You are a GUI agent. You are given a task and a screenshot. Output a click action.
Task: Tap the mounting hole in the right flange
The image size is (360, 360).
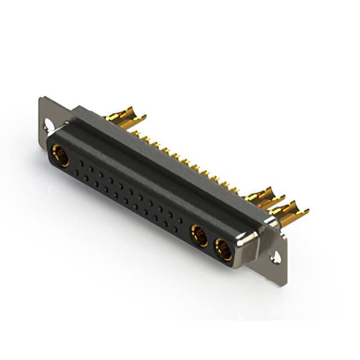point(276,258)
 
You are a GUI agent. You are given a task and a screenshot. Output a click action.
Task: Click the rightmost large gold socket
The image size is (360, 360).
point(223,249)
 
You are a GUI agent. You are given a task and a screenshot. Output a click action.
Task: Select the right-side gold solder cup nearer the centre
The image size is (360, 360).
point(262,198)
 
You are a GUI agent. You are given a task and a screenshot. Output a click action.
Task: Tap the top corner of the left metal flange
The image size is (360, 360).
point(42,100)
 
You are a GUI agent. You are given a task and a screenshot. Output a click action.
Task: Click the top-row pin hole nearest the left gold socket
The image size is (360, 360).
point(82,163)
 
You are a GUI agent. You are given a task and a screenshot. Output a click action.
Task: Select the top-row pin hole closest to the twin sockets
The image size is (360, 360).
point(179,219)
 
